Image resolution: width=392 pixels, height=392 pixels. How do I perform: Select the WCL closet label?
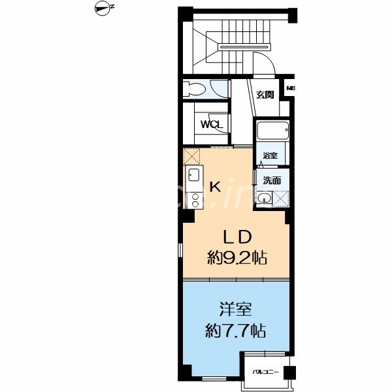tap(212, 124)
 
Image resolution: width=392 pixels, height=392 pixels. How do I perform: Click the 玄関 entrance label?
tap(265, 95)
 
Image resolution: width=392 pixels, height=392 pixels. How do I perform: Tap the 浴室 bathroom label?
tap(270, 156)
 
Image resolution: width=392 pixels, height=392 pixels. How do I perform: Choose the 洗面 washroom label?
tap(272, 180)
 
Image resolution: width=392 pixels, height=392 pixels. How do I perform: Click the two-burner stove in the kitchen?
tap(194, 198)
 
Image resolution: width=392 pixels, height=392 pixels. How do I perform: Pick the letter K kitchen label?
tap(214, 187)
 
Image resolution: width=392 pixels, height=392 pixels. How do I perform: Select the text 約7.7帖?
tap(236, 331)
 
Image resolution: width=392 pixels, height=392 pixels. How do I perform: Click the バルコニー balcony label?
tap(266, 372)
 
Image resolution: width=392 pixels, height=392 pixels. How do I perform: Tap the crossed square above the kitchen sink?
tap(191, 156)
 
